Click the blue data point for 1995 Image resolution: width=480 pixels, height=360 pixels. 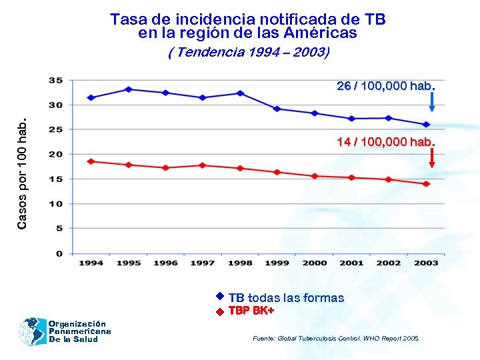click(129, 89)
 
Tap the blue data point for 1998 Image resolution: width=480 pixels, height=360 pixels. click(240, 93)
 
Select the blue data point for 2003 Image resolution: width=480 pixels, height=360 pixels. click(426, 125)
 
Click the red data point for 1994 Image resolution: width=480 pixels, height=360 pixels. click(91, 161)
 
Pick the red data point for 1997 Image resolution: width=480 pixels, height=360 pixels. click(203, 165)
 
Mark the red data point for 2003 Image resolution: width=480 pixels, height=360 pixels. click(426, 184)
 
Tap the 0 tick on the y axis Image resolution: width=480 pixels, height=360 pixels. click(59, 253)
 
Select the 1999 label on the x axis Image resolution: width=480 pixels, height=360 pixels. click(277, 263)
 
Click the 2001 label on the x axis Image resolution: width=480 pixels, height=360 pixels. click(351, 263)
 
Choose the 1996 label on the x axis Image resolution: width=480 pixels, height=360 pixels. click(166, 263)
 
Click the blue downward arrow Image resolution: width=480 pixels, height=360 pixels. click(432, 101)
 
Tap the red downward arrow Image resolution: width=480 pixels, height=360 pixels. click(432, 157)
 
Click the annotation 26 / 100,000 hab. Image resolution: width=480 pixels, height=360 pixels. click(386, 86)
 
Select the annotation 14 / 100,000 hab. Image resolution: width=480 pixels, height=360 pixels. click(386, 142)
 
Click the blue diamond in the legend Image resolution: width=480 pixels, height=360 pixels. click(219, 297)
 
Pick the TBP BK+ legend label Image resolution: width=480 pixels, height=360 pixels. click(251, 311)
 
